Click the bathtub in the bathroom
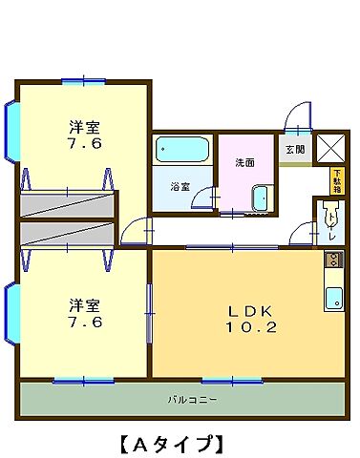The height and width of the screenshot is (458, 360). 181,151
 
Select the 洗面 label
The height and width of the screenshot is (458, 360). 245,162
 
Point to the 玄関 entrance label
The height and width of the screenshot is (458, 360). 294,149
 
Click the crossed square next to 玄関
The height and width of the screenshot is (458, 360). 330,149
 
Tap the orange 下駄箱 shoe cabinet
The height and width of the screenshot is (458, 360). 336,178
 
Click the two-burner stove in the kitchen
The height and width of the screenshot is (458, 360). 332,259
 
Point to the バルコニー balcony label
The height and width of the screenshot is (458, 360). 187,399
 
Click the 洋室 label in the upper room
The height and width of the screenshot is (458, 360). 84,127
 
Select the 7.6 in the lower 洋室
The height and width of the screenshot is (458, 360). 84,323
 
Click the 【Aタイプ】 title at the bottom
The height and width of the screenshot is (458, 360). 172,442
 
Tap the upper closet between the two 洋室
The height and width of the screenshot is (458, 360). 67,203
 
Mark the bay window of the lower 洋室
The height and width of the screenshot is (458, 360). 11,315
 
